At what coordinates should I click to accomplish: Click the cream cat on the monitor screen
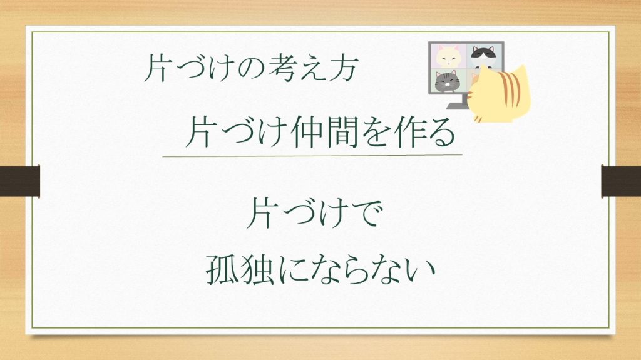click(x=448, y=56)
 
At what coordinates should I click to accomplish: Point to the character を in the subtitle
click(x=376, y=132)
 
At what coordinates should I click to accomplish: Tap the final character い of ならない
click(x=421, y=270)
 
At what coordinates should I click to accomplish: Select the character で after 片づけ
click(x=368, y=214)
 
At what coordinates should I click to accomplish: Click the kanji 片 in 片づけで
click(x=260, y=213)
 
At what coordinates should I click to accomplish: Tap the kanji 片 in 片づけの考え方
click(x=156, y=67)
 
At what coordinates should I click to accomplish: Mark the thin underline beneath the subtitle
click(x=312, y=156)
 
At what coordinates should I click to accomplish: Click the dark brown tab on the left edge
click(x=19, y=181)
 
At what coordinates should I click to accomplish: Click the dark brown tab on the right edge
click(x=621, y=181)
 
